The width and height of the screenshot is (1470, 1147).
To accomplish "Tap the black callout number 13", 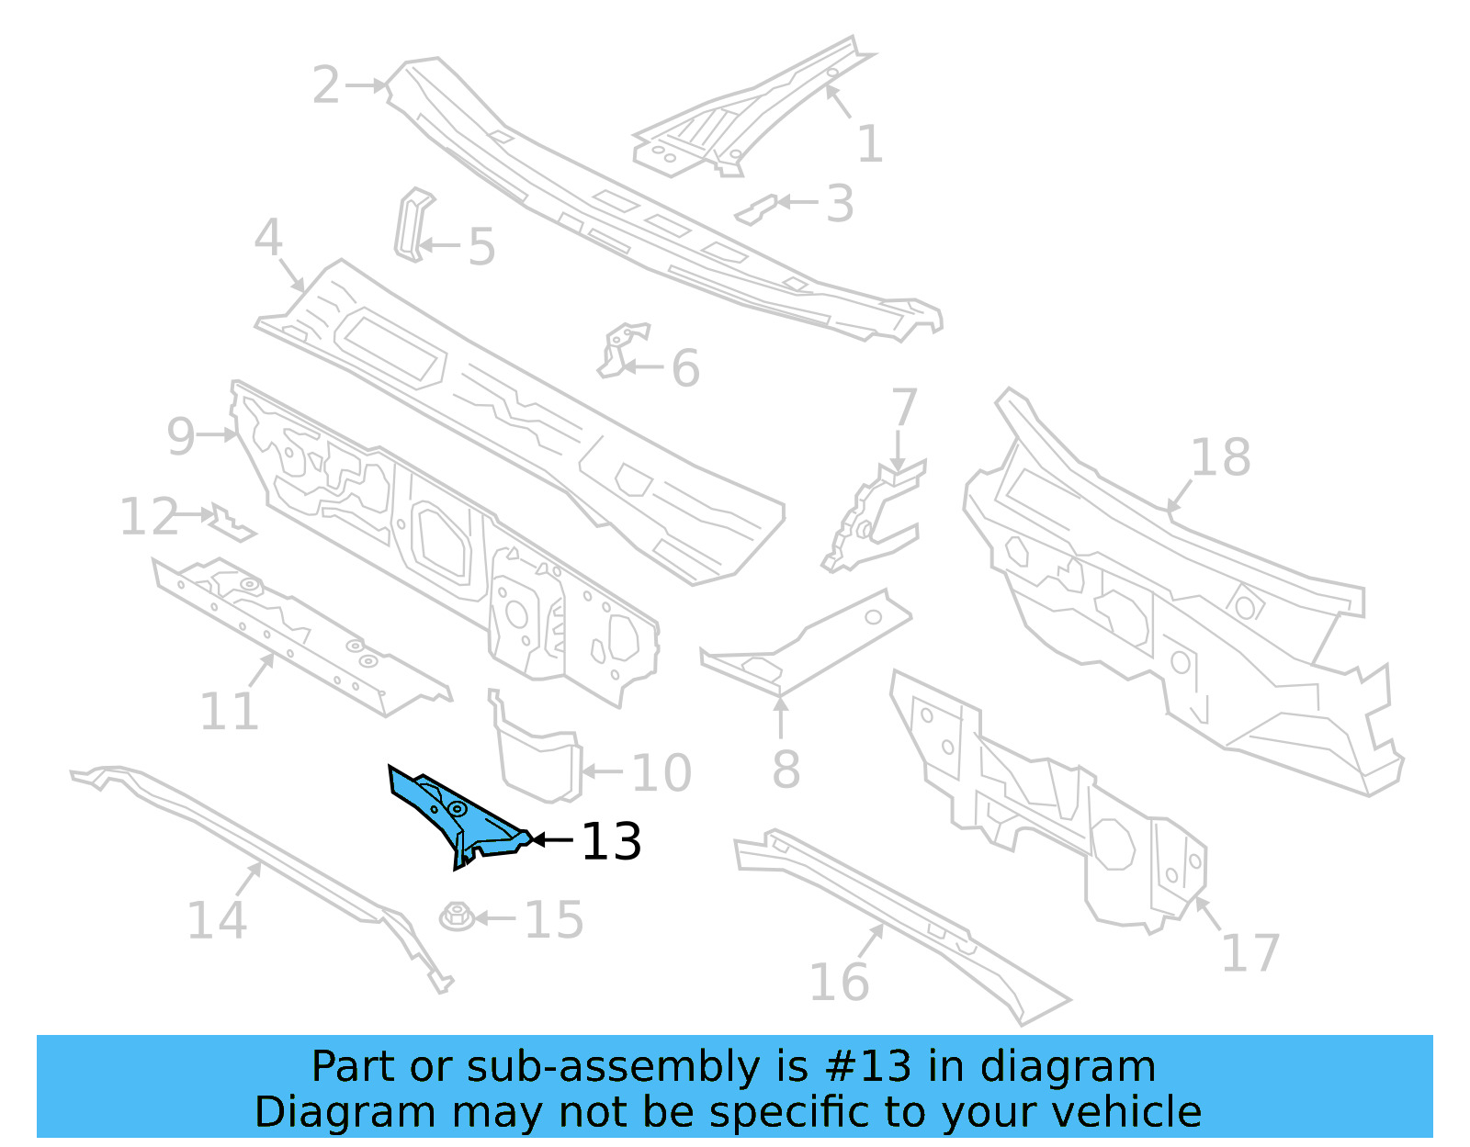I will click(612, 841).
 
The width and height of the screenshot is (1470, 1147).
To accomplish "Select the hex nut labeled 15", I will click(457, 916).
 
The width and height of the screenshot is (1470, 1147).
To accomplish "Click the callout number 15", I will click(554, 919).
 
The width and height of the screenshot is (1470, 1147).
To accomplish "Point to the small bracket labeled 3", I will click(755, 210).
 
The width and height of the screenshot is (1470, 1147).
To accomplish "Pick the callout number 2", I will click(326, 85).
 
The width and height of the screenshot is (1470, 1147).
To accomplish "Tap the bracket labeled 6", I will click(620, 349).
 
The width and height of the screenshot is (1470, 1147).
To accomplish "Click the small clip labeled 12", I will click(230, 523).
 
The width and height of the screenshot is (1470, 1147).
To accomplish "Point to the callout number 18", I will click(1220, 456).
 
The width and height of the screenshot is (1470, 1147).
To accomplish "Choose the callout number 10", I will click(661, 772).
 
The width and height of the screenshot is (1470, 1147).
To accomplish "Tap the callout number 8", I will click(786, 769).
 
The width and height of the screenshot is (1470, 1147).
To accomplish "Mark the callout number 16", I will click(839, 982).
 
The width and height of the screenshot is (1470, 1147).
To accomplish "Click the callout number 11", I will click(230, 711).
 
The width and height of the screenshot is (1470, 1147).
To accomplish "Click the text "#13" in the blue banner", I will click(868, 1067).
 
